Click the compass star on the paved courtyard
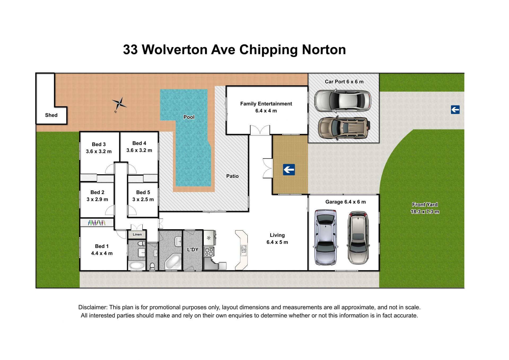coord(119,104)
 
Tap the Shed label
coord(51,115)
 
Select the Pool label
coord(189,117)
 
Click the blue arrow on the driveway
coord(455,110)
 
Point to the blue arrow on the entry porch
coord(289,170)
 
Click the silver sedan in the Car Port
coord(343,101)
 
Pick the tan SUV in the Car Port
coord(344,128)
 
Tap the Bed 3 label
coord(99,144)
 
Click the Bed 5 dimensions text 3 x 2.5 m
coord(143,199)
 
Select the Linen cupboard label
coord(137,234)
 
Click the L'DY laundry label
coord(193,250)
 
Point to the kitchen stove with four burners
coord(209,252)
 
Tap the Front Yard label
coord(425,205)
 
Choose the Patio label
coord(232,176)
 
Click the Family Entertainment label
coord(266,104)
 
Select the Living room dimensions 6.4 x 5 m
coord(277,242)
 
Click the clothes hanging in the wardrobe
coord(97,223)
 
